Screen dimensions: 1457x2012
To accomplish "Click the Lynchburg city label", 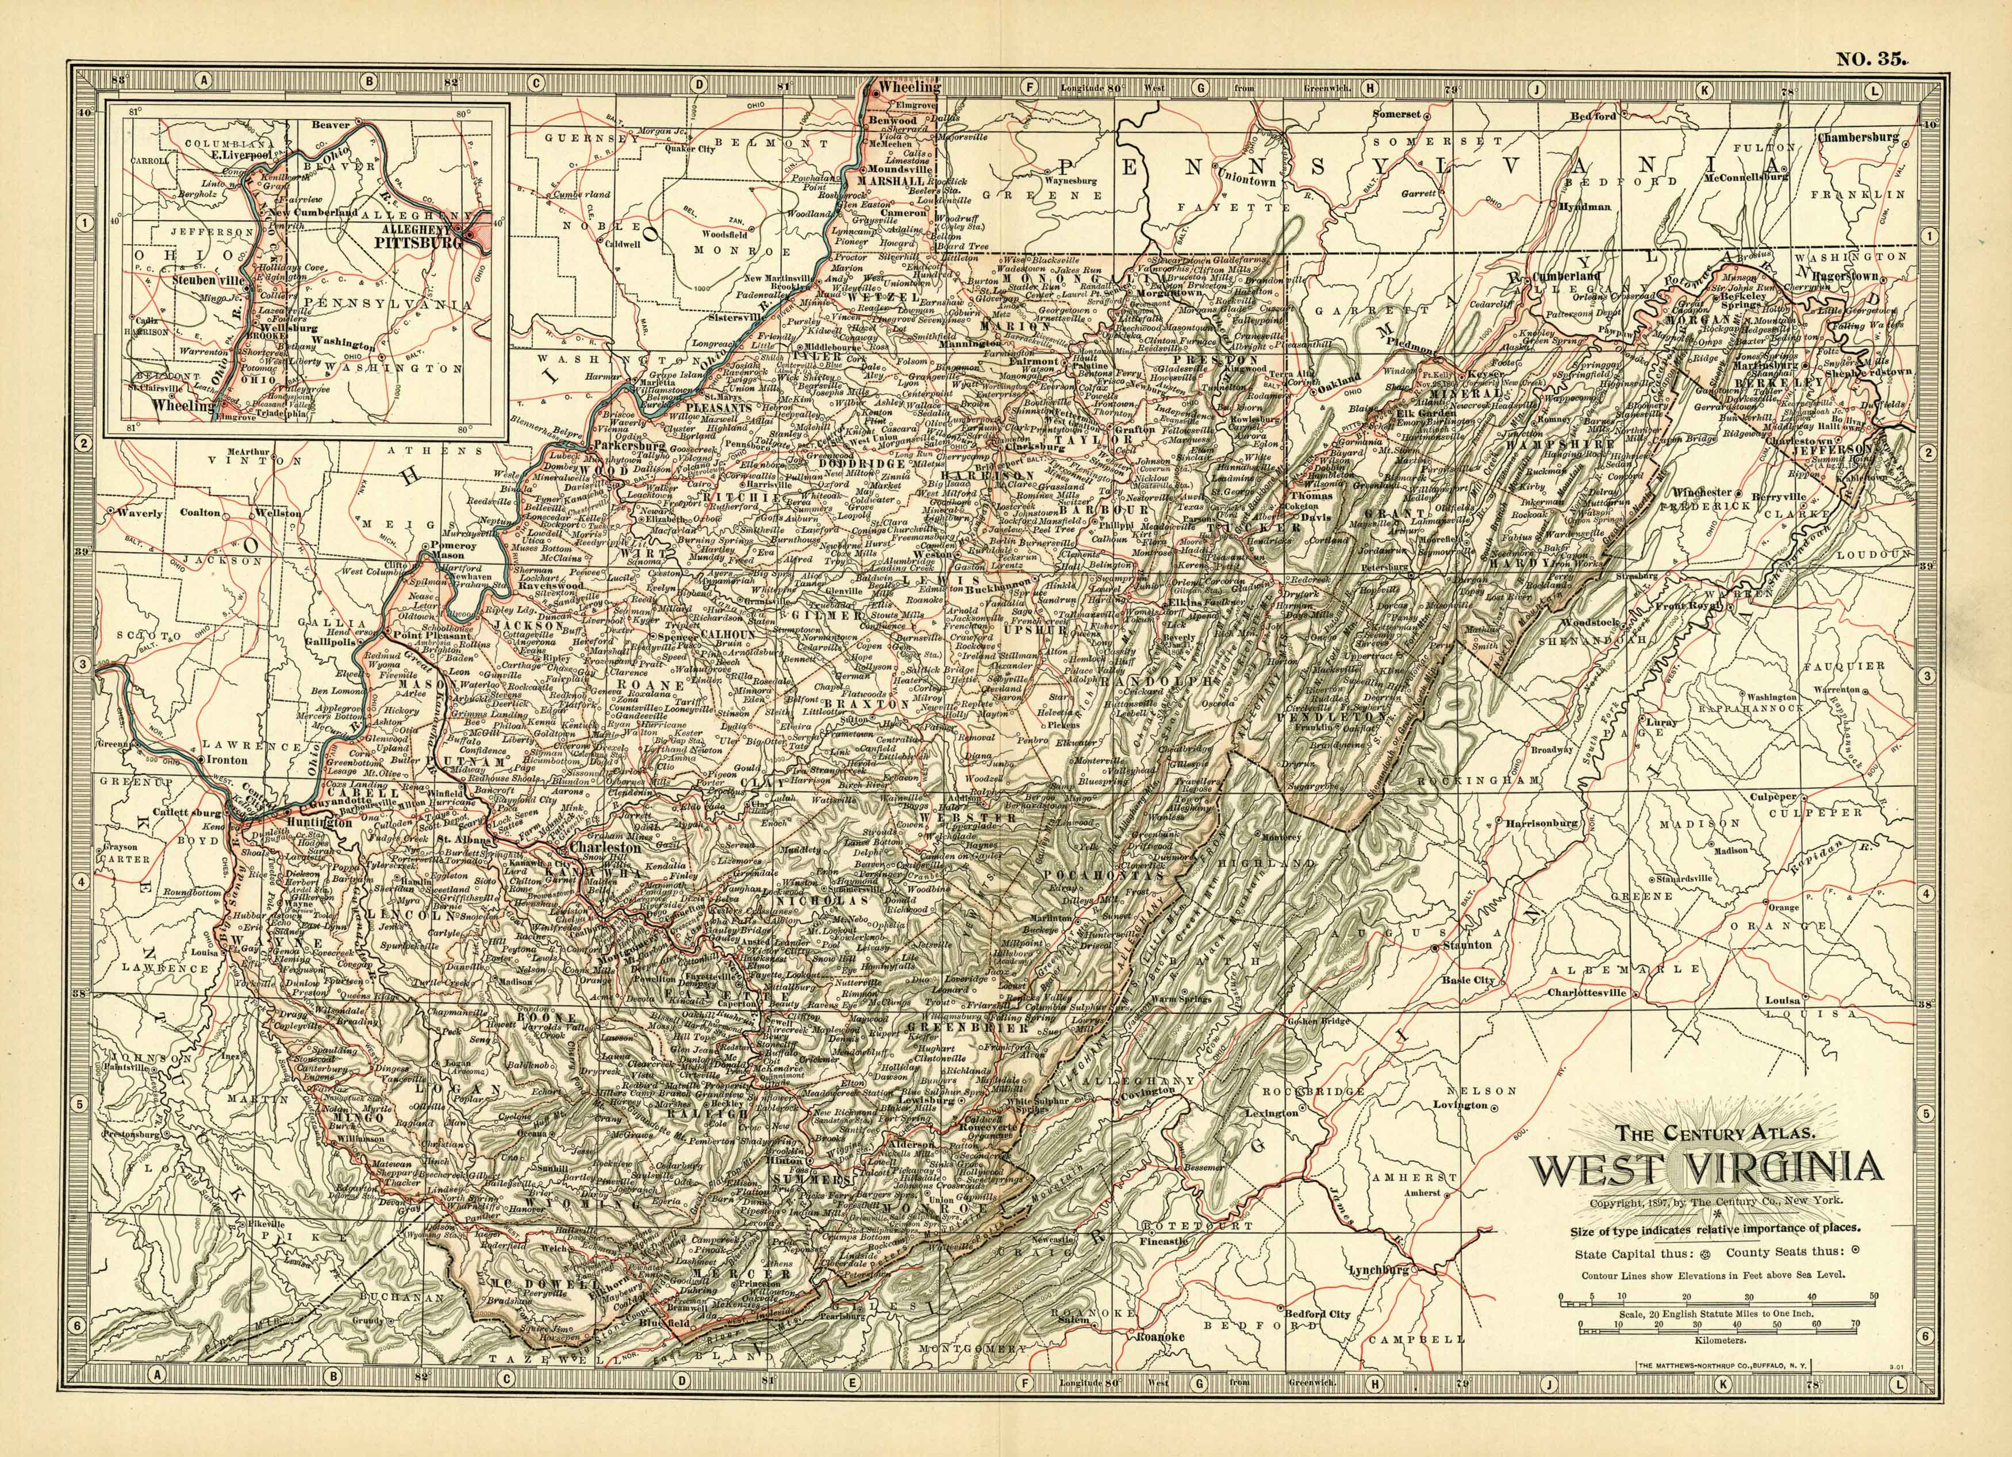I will click(1379, 1270).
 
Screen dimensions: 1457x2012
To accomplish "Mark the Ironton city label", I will click(226, 760).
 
